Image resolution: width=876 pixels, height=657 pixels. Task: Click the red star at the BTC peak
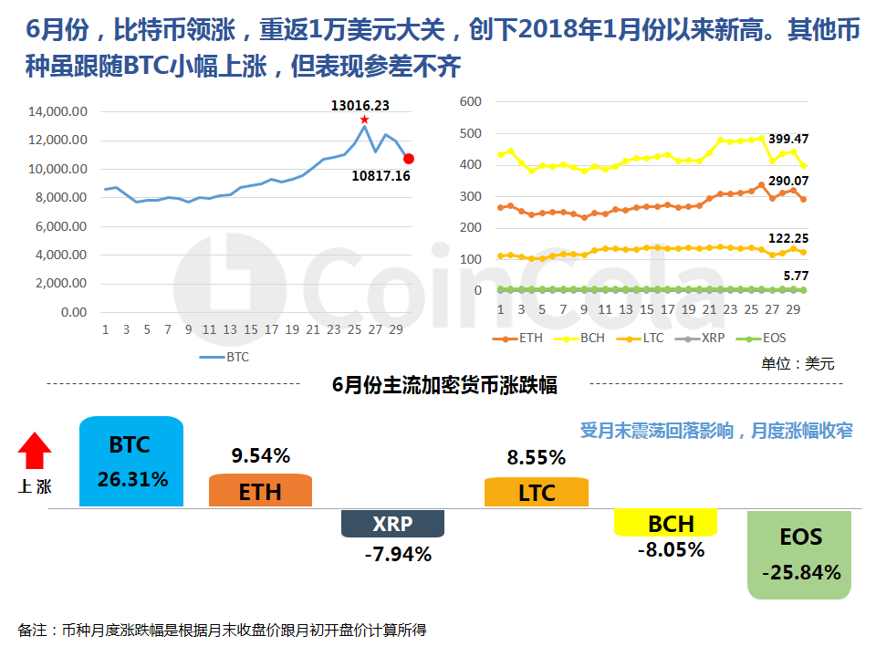(x=364, y=120)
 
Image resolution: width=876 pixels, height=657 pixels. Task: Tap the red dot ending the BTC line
(x=409, y=158)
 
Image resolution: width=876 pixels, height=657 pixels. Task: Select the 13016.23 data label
(x=360, y=105)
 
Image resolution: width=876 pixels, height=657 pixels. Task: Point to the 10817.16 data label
(x=381, y=175)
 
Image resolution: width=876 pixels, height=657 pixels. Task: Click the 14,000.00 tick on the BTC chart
(x=57, y=112)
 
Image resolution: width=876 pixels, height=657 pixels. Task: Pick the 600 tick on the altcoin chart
(x=470, y=101)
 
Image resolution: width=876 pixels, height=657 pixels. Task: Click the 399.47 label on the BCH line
(x=790, y=139)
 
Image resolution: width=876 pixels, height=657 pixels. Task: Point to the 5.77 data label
(x=794, y=274)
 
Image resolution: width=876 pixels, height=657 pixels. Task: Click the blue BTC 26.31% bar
(x=131, y=462)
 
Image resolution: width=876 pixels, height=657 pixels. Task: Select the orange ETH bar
(x=260, y=491)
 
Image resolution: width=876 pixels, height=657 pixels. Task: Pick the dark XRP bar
(x=392, y=524)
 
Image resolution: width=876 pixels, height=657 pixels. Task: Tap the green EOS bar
(x=799, y=555)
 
